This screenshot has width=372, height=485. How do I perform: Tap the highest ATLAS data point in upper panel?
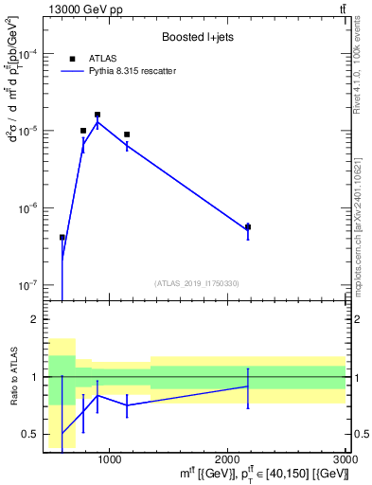(97, 115)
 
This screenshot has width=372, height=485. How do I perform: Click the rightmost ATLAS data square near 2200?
(248, 226)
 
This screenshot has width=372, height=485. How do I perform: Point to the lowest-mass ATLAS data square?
(62, 238)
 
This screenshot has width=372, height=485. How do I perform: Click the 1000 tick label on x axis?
(109, 458)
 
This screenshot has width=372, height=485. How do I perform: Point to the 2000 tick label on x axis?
(227, 458)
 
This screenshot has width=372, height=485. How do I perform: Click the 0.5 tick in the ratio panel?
(35, 435)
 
